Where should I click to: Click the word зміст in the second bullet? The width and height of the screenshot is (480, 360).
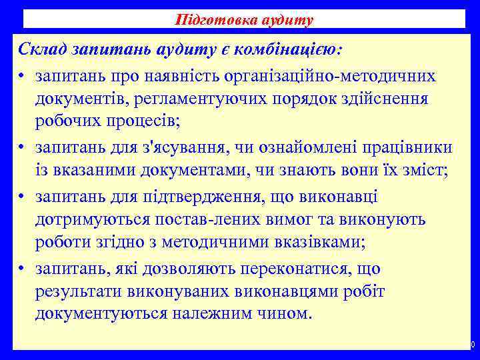point(425,170)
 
